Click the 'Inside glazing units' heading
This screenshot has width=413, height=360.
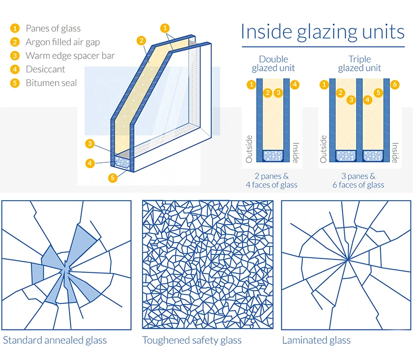[x=323, y=31]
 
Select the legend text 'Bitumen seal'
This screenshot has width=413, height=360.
[x=51, y=83]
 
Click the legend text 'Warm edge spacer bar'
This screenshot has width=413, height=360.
[x=70, y=56]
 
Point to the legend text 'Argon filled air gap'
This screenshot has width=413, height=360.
[x=62, y=42]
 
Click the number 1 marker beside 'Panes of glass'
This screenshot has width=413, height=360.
[x=16, y=29]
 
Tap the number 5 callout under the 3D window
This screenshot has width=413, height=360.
[x=113, y=178]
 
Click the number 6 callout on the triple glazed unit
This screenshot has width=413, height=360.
[x=395, y=85]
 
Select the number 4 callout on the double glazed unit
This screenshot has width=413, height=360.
[x=295, y=85]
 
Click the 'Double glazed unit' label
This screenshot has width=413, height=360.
[x=273, y=64]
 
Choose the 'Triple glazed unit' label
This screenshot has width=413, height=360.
[x=359, y=64]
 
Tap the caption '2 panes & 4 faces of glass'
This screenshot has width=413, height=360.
[x=271, y=180]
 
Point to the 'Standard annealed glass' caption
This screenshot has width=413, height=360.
[x=55, y=340]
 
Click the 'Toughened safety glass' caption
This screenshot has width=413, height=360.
[x=192, y=340]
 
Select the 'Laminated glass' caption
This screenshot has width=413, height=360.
[x=317, y=340]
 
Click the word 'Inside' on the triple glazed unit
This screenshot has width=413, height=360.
[x=395, y=152]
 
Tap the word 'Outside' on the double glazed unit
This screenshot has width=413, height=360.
[x=249, y=149]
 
